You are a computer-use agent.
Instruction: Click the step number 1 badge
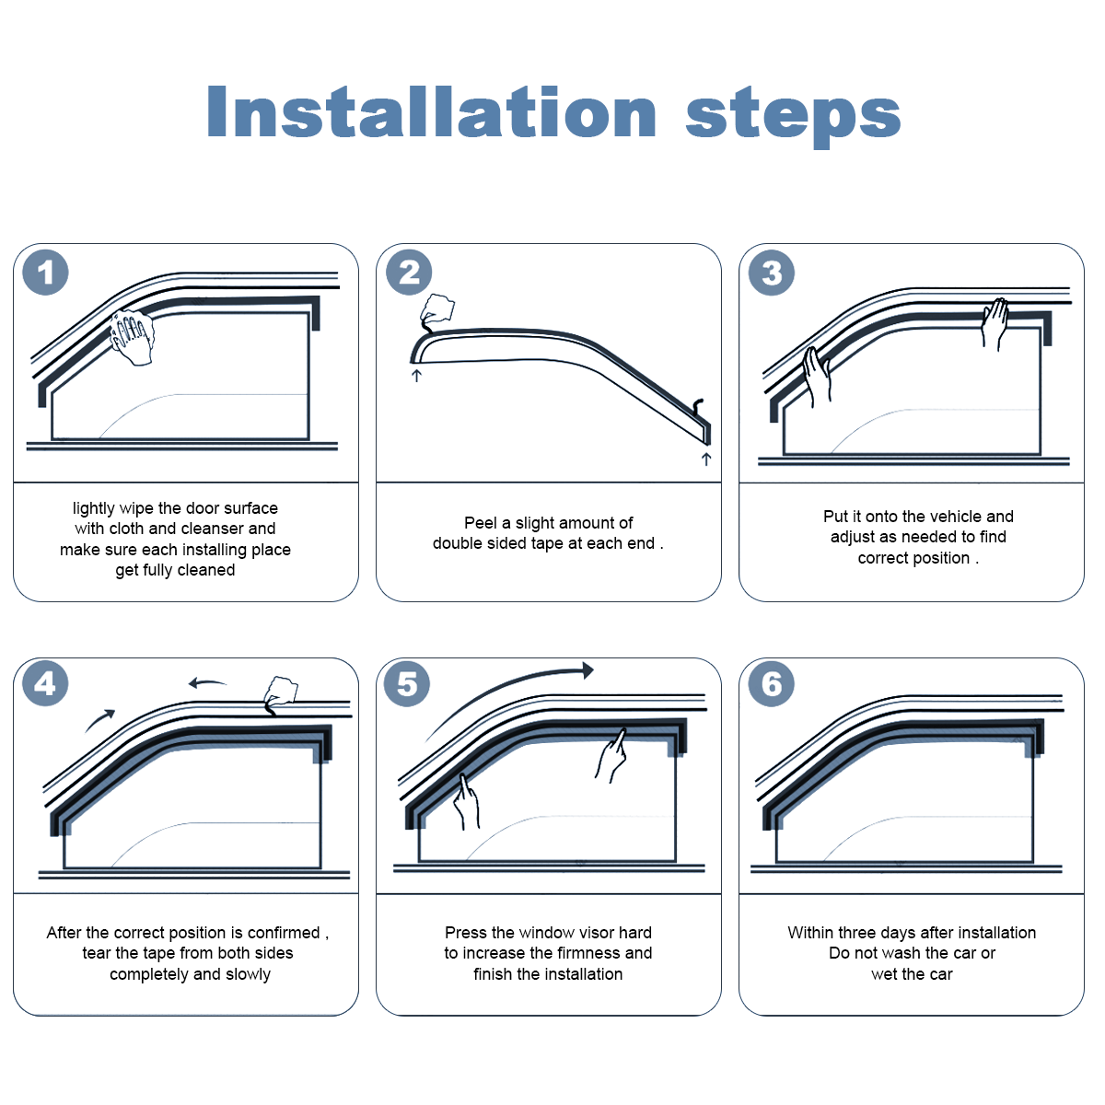pyautogui.click(x=45, y=273)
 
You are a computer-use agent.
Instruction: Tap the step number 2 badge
pyautogui.click(x=409, y=273)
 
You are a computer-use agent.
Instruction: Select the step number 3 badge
pyautogui.click(x=772, y=273)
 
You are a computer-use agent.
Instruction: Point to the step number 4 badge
pyautogui.click(x=45, y=683)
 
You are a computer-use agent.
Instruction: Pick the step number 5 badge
pyautogui.click(x=407, y=683)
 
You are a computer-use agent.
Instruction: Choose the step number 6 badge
pyautogui.click(x=772, y=683)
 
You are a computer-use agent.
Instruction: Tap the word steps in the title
pyautogui.click(x=793, y=116)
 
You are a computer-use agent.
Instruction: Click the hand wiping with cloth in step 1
pyautogui.click(x=133, y=337)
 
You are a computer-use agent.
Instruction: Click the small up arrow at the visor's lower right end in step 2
pyautogui.click(x=706, y=459)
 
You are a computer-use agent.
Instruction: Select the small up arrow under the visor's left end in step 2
pyautogui.click(x=417, y=376)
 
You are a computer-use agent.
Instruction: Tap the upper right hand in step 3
pyautogui.click(x=994, y=323)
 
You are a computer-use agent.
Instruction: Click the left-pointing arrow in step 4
pyautogui.click(x=207, y=682)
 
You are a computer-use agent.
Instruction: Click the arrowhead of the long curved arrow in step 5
pyautogui.click(x=587, y=669)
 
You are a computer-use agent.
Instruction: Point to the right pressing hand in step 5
pyautogui.click(x=611, y=756)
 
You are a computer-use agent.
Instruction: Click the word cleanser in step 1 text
pyautogui.click(x=211, y=529)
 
